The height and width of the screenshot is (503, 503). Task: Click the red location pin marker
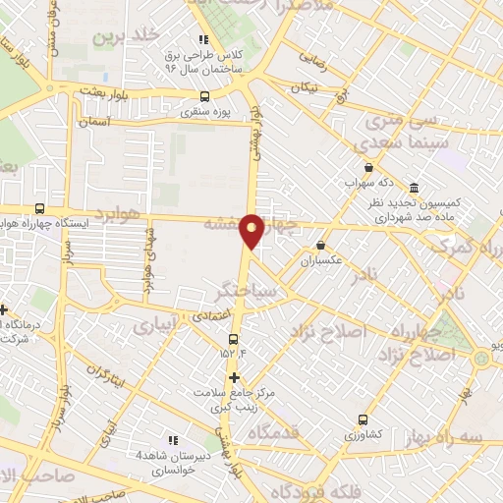[x=252, y=230]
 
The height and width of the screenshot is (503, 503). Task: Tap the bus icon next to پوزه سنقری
[x=204, y=96]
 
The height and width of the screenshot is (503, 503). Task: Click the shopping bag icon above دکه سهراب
[x=368, y=167]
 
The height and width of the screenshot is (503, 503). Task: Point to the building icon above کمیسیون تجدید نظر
[x=414, y=188]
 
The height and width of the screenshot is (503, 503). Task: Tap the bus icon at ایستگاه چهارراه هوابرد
[x=39, y=208]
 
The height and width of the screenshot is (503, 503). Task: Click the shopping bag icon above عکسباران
[x=320, y=246]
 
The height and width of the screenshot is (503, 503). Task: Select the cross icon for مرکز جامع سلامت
[x=233, y=377]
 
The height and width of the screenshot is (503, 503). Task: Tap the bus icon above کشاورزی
[x=363, y=418]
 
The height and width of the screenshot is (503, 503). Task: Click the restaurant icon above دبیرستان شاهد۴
[x=174, y=440]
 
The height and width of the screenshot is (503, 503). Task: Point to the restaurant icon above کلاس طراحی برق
[x=203, y=39]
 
